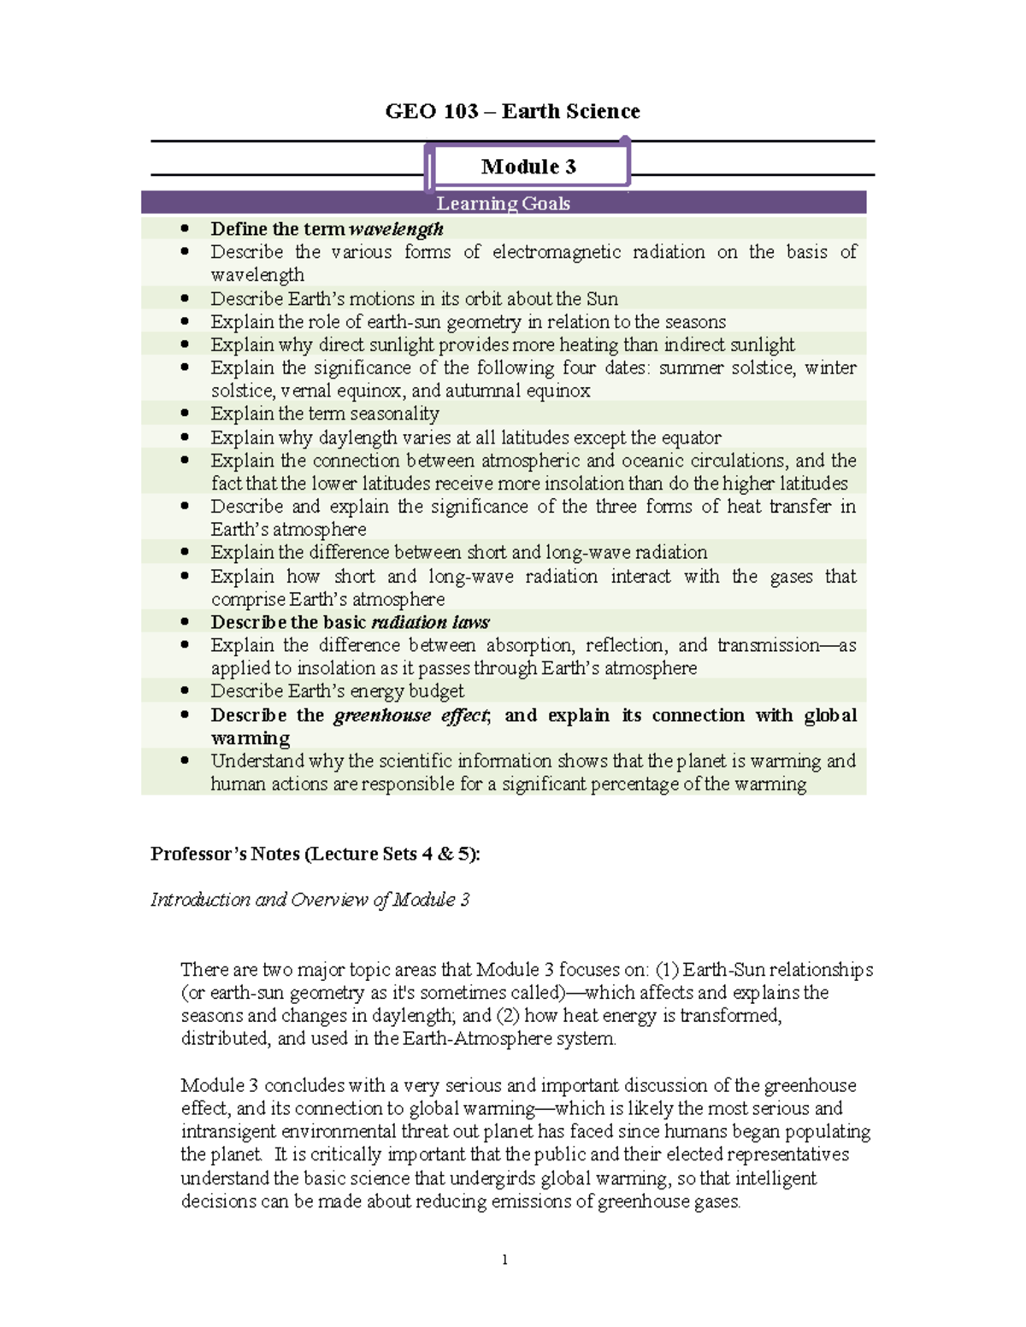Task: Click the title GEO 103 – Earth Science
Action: [512, 111]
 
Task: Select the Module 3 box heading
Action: [528, 167]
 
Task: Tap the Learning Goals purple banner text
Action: [503, 203]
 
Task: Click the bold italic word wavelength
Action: [396, 229]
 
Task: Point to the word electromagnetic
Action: [556, 252]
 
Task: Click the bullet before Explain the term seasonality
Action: [185, 414]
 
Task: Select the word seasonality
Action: [397, 414]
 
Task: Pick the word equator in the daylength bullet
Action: [690, 437]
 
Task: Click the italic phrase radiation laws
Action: [430, 622]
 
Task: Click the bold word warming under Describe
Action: [251, 738]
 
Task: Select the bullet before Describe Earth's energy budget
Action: [185, 690]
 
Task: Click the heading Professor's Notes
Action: [315, 854]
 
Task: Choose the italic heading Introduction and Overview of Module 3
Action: [310, 900]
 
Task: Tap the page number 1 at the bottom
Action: [504, 1259]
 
